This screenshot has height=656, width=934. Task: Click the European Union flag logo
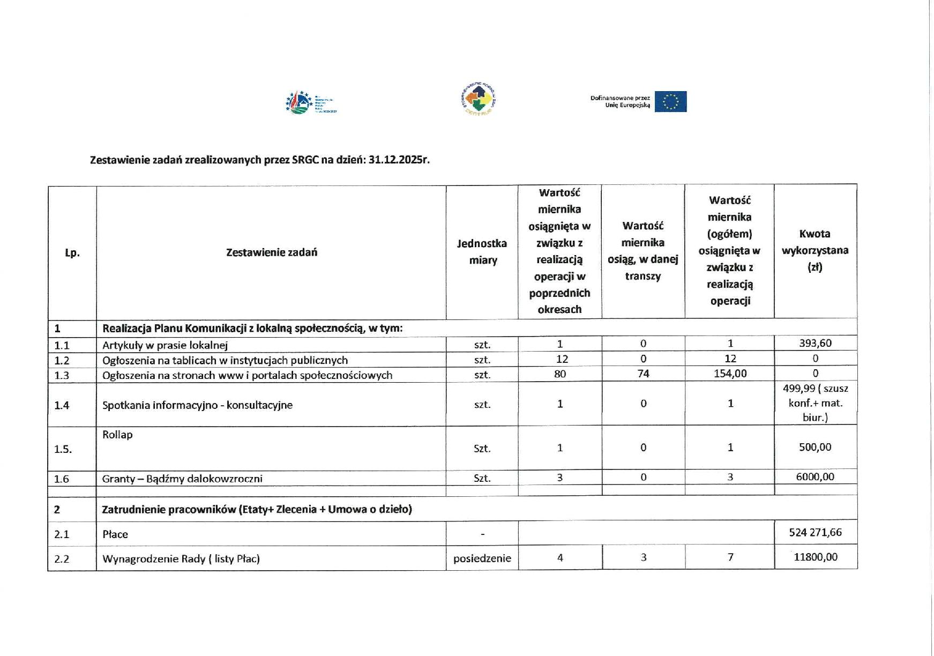click(670, 102)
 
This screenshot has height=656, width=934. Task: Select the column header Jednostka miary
click(482, 252)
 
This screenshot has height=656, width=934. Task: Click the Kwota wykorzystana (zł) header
click(815, 250)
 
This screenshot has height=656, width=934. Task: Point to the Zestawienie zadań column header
click(271, 252)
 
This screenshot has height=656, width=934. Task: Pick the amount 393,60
click(815, 344)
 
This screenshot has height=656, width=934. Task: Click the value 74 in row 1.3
click(643, 374)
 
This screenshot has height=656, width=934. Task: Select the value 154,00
click(730, 374)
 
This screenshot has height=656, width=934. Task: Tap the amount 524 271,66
click(815, 532)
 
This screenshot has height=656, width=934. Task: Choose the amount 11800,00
click(815, 557)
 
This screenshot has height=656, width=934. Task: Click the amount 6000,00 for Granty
click(815, 477)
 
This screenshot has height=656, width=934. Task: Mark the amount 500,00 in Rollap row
click(815, 448)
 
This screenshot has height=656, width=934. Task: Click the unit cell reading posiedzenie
click(482, 558)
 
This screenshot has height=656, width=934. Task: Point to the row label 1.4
click(62, 405)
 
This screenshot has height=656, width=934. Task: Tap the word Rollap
click(117, 435)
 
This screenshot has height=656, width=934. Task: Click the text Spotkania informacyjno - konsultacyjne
click(197, 405)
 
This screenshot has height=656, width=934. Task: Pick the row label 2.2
click(62, 559)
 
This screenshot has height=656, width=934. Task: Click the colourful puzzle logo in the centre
click(479, 99)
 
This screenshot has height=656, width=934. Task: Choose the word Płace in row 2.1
click(115, 534)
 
